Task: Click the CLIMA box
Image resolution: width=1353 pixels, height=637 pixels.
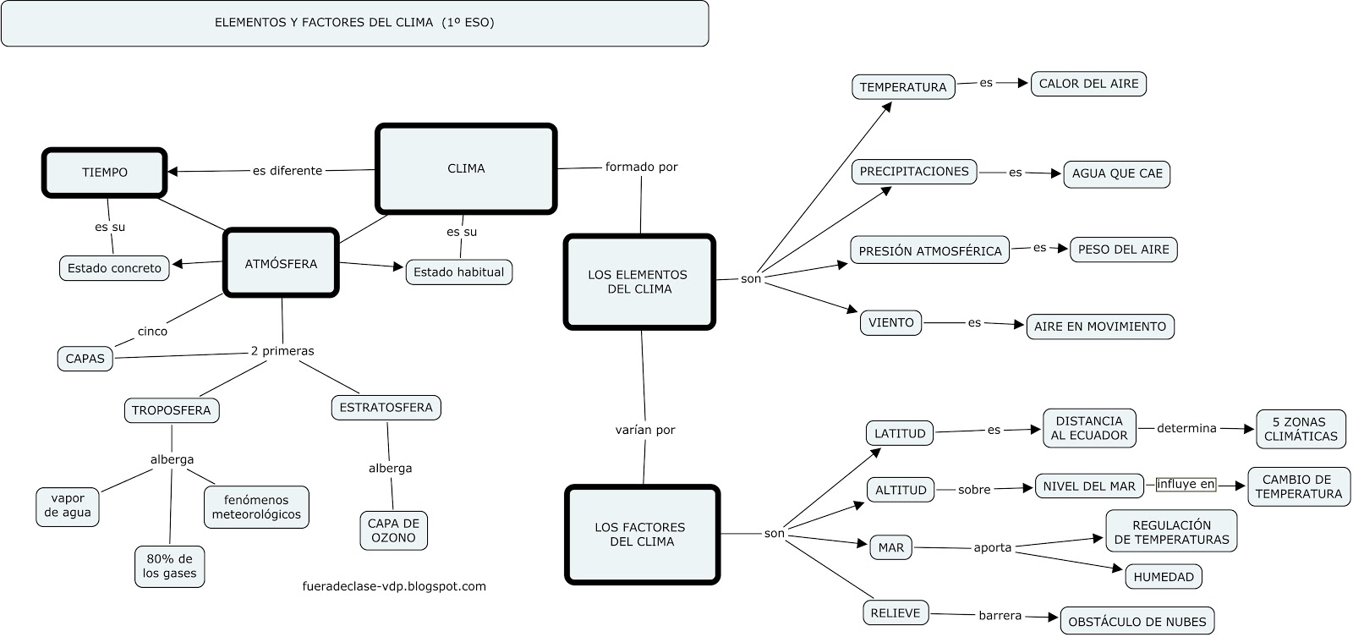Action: (x=466, y=168)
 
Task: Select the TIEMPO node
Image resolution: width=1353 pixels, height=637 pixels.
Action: (x=105, y=173)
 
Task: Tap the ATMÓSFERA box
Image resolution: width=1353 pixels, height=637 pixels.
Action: (x=281, y=263)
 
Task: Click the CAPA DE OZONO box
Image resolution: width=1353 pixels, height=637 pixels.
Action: (x=393, y=530)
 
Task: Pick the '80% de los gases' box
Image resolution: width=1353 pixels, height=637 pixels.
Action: (x=169, y=566)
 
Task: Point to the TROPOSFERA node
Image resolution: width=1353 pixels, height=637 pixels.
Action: (x=172, y=410)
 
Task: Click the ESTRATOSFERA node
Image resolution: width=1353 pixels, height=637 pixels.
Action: (x=386, y=407)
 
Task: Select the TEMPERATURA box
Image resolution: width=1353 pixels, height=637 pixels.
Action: (x=903, y=87)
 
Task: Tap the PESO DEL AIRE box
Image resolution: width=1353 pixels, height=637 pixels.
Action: (x=1123, y=250)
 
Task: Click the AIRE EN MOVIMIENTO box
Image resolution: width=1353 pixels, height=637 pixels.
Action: (x=1100, y=327)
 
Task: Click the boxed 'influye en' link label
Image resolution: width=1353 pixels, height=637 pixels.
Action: (x=1186, y=485)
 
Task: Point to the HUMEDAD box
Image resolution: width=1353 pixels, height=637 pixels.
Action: (x=1164, y=577)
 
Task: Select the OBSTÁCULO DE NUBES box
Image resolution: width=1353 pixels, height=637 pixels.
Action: (x=1137, y=622)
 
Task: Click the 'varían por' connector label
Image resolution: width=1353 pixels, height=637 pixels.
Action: (x=645, y=430)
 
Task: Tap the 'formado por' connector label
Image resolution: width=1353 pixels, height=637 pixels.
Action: (x=641, y=167)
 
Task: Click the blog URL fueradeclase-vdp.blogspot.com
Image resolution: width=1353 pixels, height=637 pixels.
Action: (x=394, y=585)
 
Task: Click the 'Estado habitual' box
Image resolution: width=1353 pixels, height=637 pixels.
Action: (x=459, y=272)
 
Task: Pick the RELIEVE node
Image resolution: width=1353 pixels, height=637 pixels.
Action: (x=896, y=613)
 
